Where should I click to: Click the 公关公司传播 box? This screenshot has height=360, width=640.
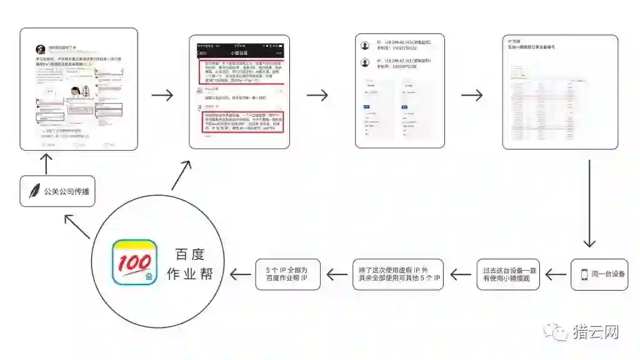[57, 192]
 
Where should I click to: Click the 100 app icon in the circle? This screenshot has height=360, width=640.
[134, 262]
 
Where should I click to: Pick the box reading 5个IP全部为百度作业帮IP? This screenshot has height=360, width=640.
[288, 274]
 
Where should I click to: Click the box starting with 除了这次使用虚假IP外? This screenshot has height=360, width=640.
[397, 274]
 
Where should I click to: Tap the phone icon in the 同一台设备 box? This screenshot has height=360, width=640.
[584, 274]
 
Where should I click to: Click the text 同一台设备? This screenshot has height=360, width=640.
[608, 274]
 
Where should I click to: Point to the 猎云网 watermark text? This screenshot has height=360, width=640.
[596, 332]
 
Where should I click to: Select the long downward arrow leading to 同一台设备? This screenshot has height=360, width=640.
[589, 204]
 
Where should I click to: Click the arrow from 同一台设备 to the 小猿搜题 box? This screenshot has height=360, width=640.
[555, 274]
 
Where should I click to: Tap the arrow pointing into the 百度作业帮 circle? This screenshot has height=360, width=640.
[242, 274]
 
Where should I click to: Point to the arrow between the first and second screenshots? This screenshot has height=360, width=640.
[163, 95]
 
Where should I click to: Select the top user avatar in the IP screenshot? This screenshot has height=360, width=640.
[365, 46]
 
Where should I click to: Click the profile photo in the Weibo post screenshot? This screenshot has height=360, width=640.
[40, 49]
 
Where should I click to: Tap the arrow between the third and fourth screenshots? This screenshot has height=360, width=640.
[472, 95]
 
